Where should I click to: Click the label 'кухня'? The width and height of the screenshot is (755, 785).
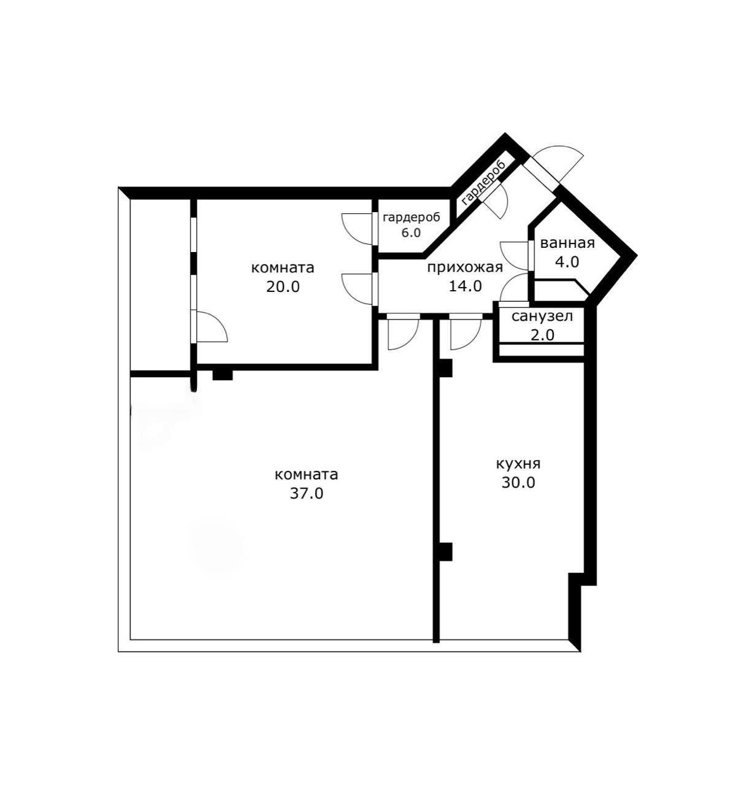coord(518,465)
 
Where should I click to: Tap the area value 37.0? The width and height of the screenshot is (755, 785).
coord(306,494)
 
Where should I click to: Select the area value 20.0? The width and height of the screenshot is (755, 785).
coord(283,287)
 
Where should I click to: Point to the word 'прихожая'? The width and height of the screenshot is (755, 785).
coord(466,268)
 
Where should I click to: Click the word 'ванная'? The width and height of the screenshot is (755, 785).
coord(567,243)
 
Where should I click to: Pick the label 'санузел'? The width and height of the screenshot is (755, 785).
coord(542,316)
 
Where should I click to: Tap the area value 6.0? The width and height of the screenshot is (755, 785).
coord(411,233)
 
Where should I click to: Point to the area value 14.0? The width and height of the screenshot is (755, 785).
coord(466,286)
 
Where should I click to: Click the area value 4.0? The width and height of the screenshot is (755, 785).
coord(567,262)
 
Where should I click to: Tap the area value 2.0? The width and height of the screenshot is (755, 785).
coord(542,335)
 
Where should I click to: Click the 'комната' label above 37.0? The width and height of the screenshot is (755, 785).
coord(306,475)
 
